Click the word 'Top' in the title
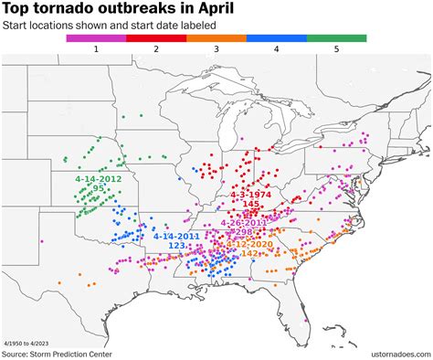(x=21, y=9)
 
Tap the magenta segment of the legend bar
(x=96, y=38)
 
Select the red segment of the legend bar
(x=156, y=38)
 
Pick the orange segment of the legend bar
(x=216, y=38)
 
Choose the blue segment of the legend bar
(x=277, y=38)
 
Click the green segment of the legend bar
(x=337, y=38)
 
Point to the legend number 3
(x=216, y=49)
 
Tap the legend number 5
(x=337, y=49)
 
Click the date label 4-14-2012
(x=99, y=179)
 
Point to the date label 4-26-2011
(x=244, y=223)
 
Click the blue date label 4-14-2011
(x=177, y=236)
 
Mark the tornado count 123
(x=177, y=246)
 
